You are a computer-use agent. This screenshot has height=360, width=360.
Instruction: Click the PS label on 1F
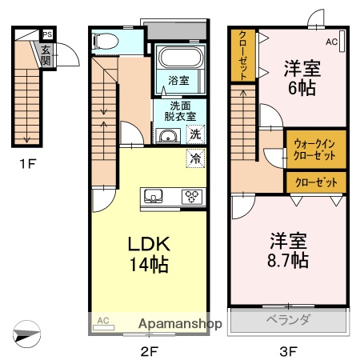point(47,34)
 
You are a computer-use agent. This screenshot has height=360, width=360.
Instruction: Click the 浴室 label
point(178,81)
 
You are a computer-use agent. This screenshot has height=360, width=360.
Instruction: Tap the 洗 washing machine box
point(196,135)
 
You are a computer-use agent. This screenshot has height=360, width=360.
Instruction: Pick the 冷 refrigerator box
point(196,158)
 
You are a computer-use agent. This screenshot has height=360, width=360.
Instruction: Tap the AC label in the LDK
point(102,321)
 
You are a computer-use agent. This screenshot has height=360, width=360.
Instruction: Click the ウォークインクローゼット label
point(315,149)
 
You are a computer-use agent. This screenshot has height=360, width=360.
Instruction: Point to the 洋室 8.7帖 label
point(288,250)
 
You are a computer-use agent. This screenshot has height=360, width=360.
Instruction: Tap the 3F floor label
point(289,350)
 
